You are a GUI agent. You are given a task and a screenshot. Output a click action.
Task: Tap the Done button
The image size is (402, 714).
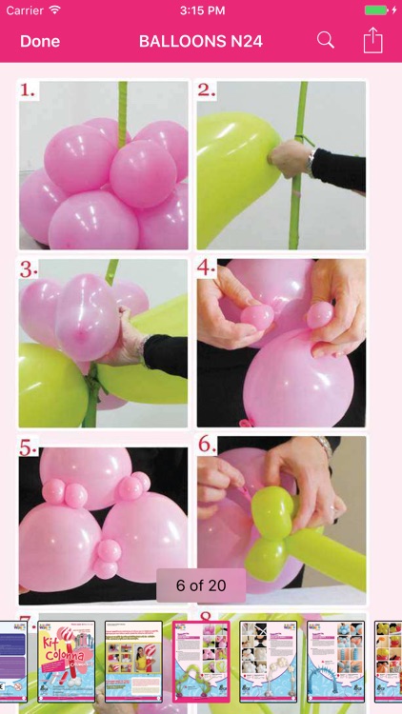[x=40, y=41]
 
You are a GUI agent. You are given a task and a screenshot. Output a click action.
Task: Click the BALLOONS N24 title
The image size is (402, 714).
[x=201, y=41]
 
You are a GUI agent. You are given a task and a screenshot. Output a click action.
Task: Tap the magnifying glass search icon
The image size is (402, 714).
[x=326, y=40]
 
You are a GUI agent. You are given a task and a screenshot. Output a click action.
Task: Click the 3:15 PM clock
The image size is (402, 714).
[x=201, y=10]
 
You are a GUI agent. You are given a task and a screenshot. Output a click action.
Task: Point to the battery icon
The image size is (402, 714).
[x=376, y=10]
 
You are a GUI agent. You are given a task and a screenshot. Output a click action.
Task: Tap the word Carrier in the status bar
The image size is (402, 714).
[x=26, y=10]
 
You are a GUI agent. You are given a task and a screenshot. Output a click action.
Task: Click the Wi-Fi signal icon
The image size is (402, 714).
[x=55, y=10]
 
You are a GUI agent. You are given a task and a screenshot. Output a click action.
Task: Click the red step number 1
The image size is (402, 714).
[x=29, y=90]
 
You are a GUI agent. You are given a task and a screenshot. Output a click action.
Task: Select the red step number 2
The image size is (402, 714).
[x=206, y=90]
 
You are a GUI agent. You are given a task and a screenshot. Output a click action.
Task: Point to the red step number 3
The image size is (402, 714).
[x=29, y=268]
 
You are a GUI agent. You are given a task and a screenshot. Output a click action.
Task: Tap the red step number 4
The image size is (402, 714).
[x=207, y=268]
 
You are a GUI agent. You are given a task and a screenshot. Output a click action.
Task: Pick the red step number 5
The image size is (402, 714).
[x=29, y=446]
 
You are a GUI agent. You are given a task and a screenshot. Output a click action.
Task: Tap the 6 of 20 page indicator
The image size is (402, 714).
[x=201, y=585]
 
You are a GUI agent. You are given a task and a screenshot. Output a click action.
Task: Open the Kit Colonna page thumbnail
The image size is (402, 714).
[x=66, y=661]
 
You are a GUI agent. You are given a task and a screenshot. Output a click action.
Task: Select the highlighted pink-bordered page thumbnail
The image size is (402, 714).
[x=201, y=661]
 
